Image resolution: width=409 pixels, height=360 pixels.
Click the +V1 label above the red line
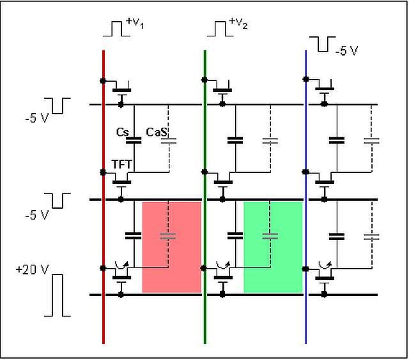[x=135, y=23]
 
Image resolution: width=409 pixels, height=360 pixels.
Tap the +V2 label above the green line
[x=238, y=23]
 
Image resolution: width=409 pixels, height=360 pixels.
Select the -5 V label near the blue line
[x=346, y=50]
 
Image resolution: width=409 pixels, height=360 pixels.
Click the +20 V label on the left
[x=33, y=269]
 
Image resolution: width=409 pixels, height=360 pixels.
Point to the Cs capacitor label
[x=122, y=132]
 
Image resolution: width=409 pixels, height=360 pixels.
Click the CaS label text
[x=157, y=132]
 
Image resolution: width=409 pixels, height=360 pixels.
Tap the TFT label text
[x=121, y=165]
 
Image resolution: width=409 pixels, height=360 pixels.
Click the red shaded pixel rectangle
[x=172, y=247]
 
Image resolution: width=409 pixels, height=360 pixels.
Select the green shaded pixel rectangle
[x=273, y=247]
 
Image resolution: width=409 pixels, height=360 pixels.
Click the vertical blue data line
[x=306, y=197]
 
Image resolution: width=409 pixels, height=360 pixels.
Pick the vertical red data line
[x=104, y=197]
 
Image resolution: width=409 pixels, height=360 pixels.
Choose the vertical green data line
[x=205, y=197]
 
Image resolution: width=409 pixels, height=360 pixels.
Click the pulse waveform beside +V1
[x=116, y=29]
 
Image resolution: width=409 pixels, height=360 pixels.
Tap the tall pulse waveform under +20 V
[x=58, y=295]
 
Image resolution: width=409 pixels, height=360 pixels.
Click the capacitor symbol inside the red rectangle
[x=168, y=236]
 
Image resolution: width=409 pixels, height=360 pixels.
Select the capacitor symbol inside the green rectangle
[x=270, y=236]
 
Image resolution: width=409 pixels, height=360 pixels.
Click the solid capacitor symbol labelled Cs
[x=134, y=140]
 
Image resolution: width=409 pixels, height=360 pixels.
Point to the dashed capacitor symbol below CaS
[x=169, y=141]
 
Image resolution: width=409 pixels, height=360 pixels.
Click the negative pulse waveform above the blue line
[x=323, y=44]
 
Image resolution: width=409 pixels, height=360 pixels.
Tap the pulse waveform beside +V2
[x=220, y=29]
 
